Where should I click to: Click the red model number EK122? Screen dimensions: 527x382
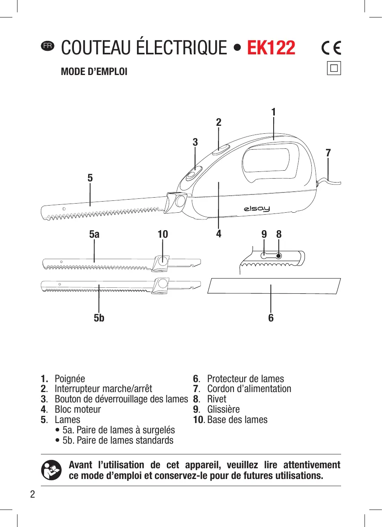pos(271,48)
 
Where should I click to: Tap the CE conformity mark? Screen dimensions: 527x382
pos(331,48)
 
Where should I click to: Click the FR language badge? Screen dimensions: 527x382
pos(47,46)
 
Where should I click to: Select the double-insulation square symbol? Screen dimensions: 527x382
pos(334,68)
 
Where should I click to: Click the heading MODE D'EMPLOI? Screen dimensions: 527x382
pos(94,72)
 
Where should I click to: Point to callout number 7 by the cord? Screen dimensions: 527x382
pos(328,153)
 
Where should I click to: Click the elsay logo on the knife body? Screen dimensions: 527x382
pos(257,209)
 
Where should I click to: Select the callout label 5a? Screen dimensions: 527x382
pos(94,235)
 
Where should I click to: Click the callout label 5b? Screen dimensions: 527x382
pos(99,318)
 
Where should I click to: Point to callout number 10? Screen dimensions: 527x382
pos(163,235)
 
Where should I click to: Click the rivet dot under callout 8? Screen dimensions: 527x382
pos(279,256)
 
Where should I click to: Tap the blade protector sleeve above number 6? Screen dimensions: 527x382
pos(274,286)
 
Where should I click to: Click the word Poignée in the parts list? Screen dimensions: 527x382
pos(70,379)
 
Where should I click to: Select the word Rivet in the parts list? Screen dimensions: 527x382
pos(216,399)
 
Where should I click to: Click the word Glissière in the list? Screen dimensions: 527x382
pos(224,410)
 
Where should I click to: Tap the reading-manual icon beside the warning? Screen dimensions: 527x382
pos(51,470)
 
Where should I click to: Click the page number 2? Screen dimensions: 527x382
pos(33,494)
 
